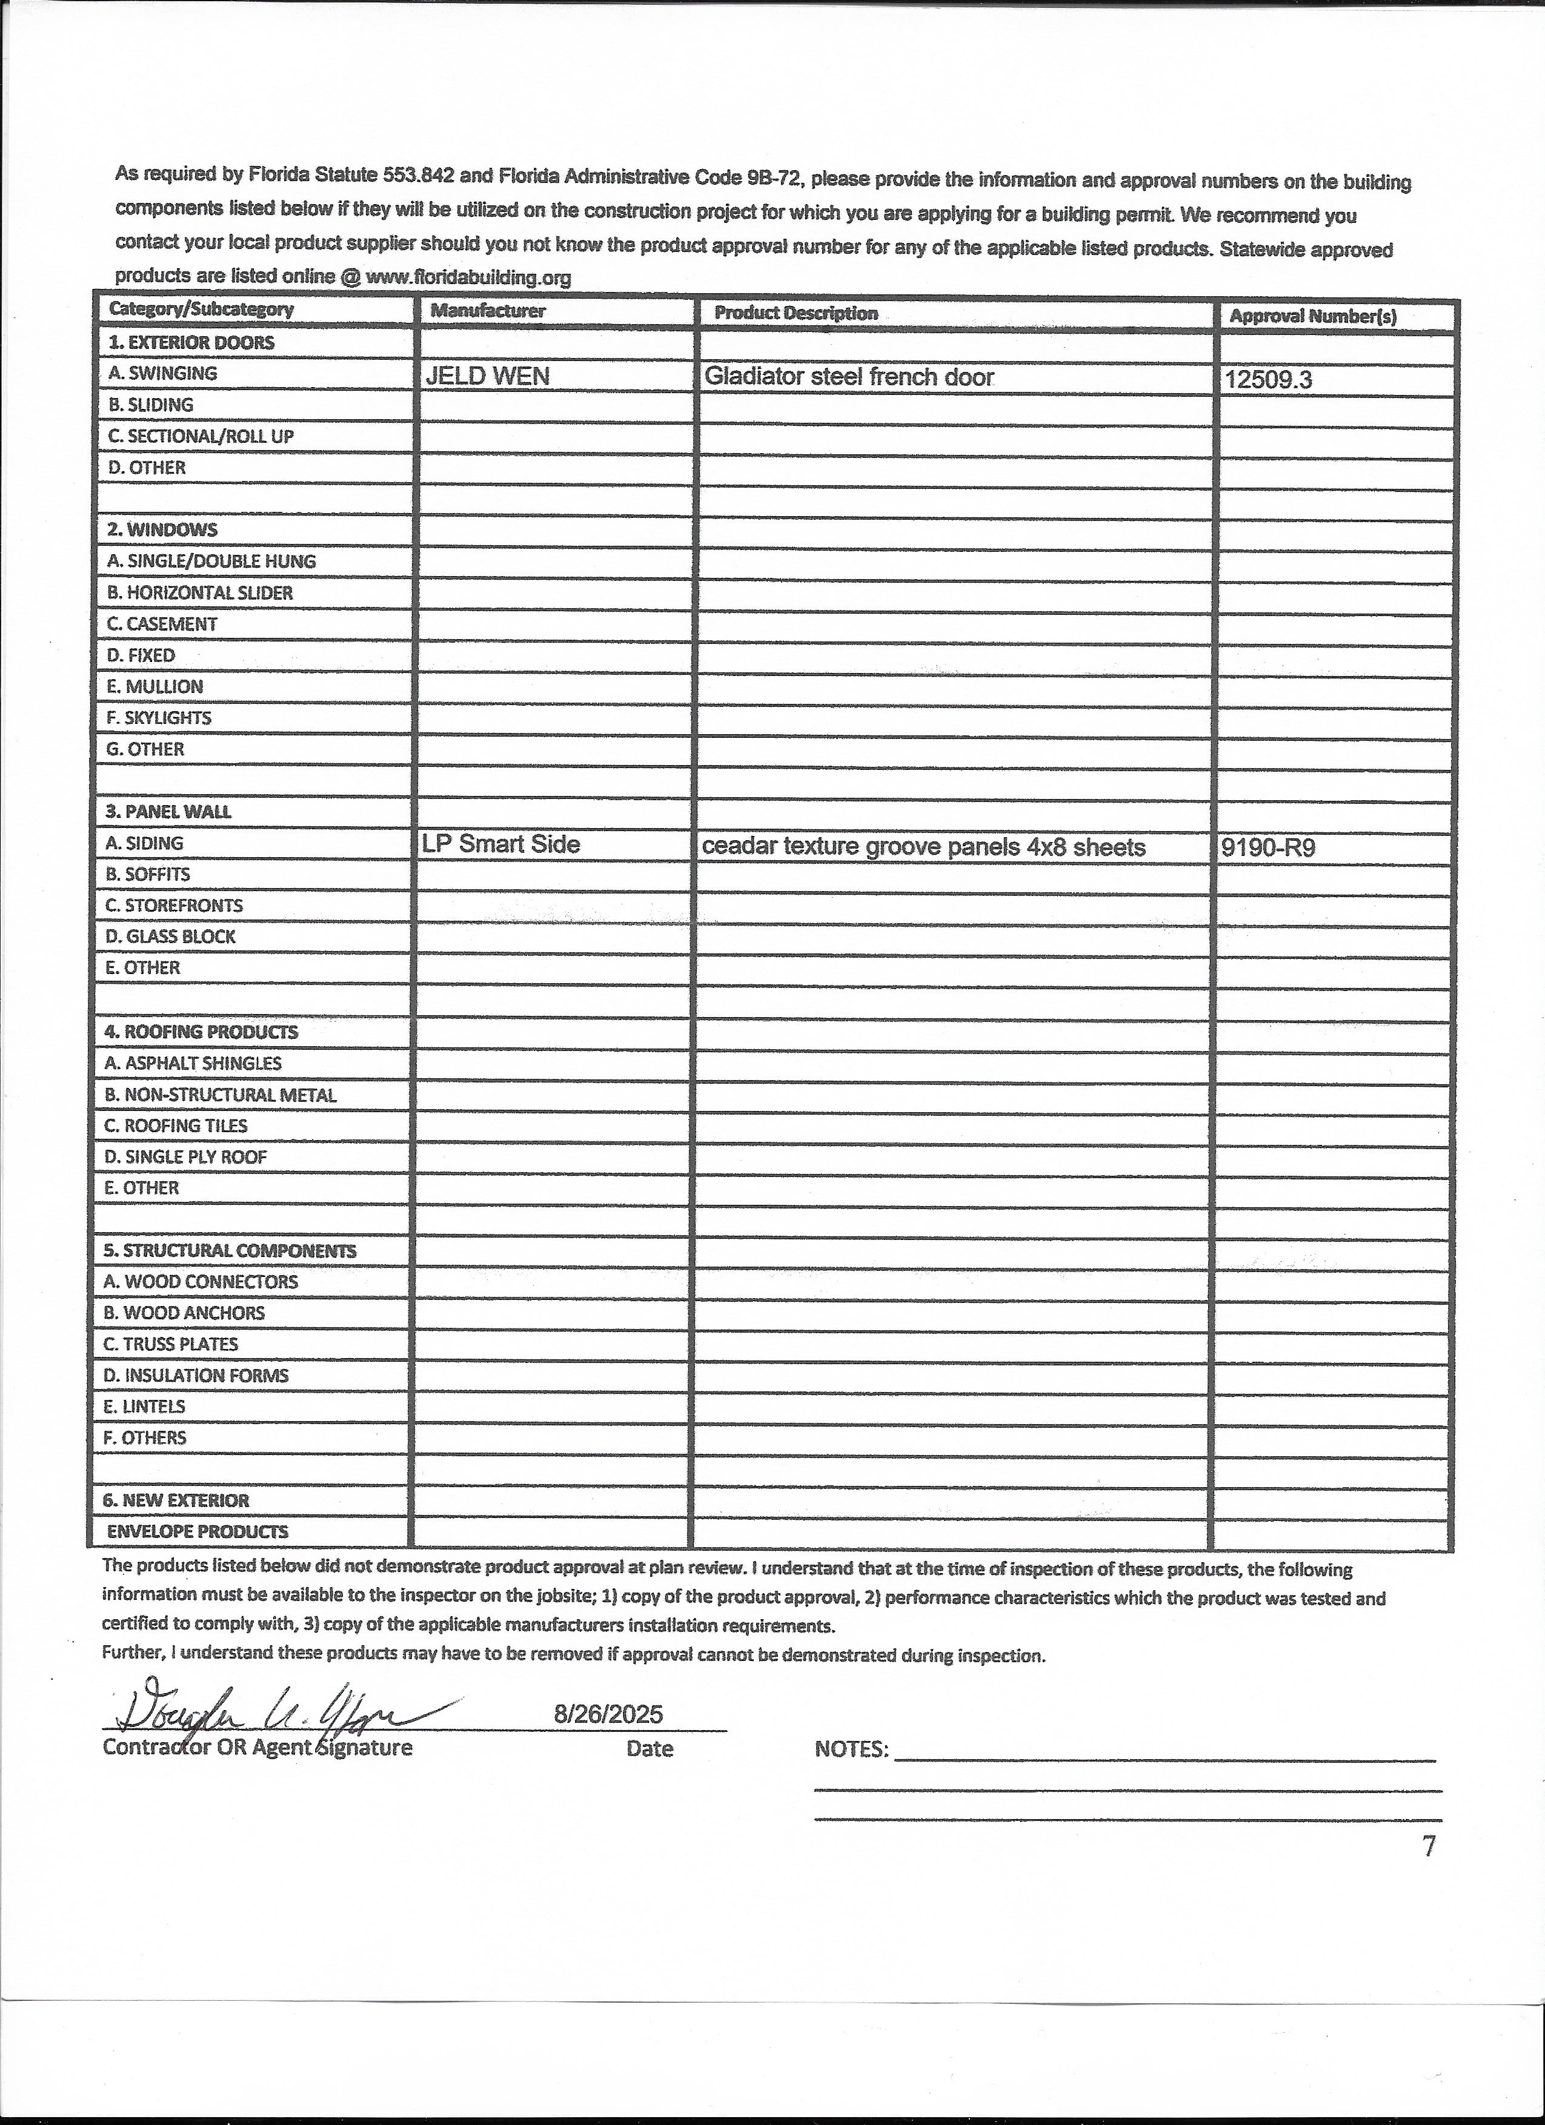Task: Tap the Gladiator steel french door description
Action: click(848, 377)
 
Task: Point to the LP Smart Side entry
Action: click(500, 844)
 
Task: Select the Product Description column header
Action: click(796, 313)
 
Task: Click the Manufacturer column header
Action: click(487, 310)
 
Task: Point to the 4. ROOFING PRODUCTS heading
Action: click(201, 1032)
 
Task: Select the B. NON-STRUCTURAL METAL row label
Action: click(219, 1095)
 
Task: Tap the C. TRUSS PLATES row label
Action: click(170, 1344)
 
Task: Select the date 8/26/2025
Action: click(608, 1715)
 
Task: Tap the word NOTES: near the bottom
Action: click(851, 1749)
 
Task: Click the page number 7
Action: click(1428, 1847)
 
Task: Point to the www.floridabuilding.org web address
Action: click(468, 277)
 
